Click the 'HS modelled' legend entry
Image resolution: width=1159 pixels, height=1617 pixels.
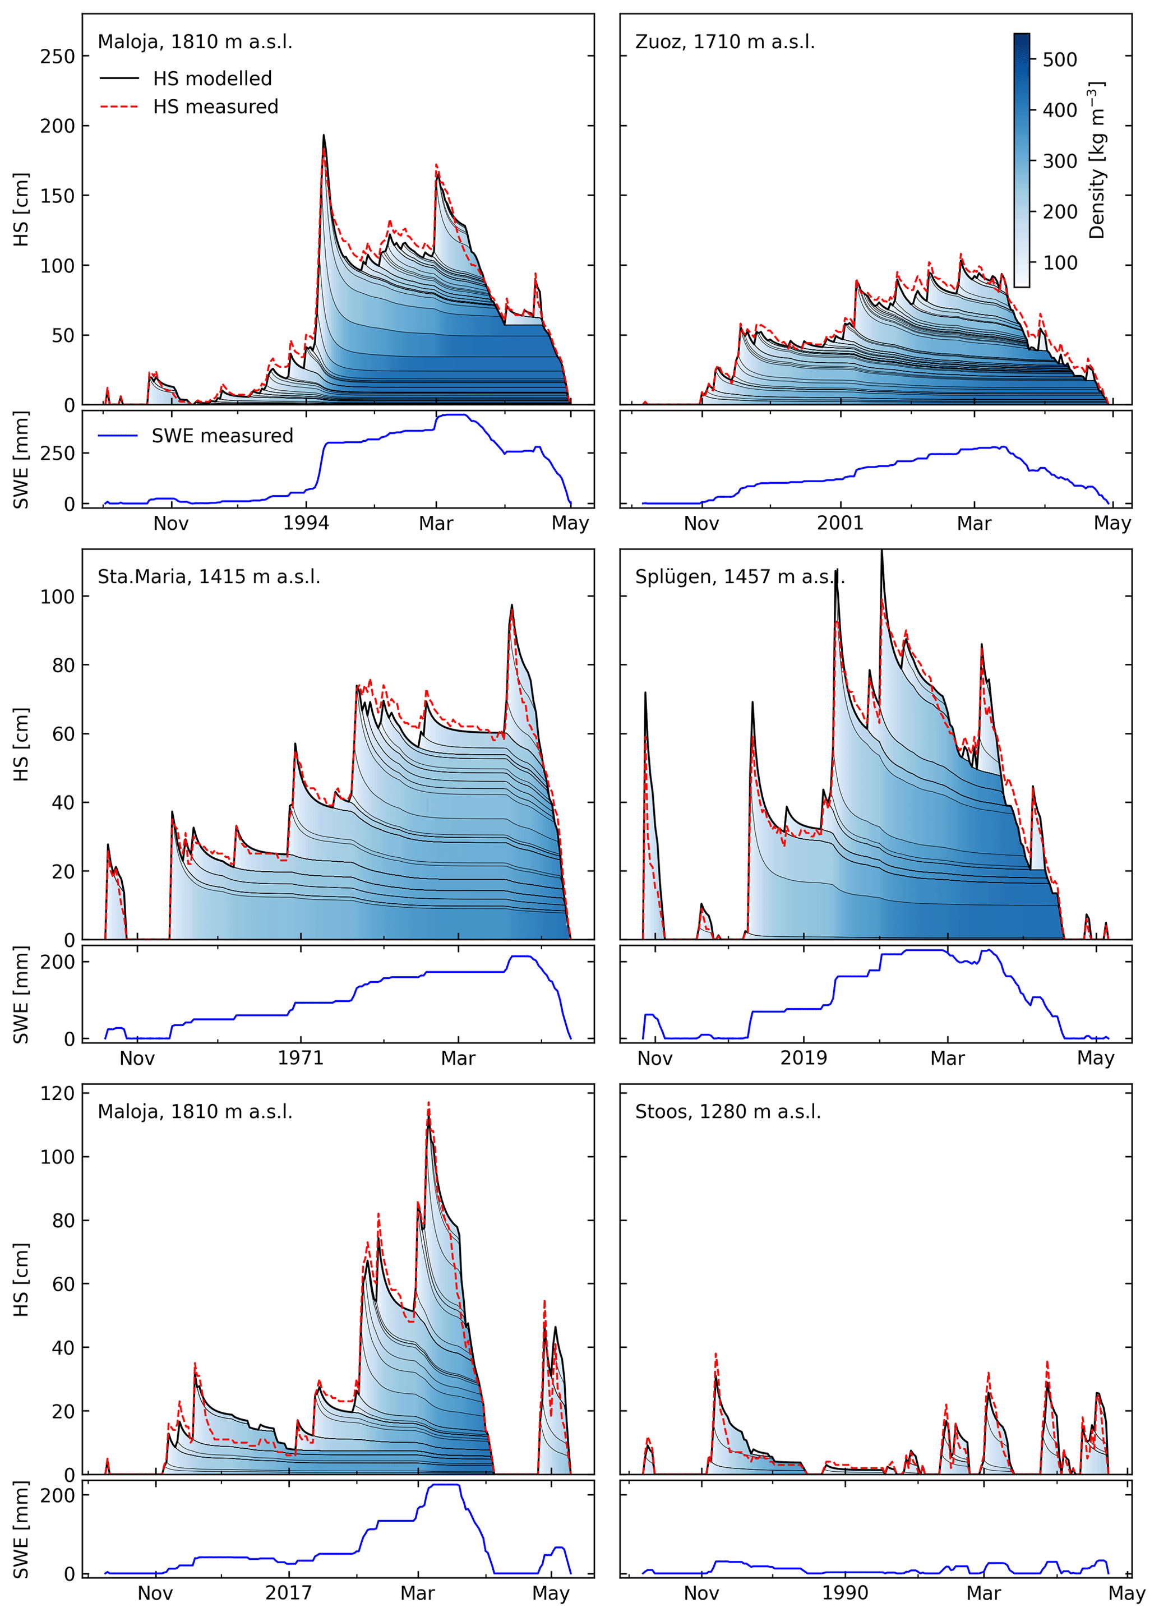[x=212, y=78]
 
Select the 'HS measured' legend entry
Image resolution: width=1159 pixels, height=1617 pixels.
[x=215, y=107]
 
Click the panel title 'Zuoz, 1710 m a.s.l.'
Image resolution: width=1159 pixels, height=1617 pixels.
[x=724, y=42]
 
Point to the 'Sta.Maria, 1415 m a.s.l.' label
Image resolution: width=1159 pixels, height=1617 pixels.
[x=208, y=577]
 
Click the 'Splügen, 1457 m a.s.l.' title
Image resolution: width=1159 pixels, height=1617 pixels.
[x=739, y=577]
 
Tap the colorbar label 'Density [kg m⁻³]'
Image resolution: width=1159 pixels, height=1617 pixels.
[x=1096, y=160]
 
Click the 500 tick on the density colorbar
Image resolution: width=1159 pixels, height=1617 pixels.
[x=1059, y=60]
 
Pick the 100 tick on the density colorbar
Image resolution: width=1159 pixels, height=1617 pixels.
[x=1059, y=263]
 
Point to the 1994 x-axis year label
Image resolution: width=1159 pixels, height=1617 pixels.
[x=306, y=523]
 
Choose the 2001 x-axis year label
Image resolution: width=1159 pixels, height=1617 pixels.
[x=839, y=523]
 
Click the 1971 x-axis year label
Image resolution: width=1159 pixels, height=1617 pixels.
[x=300, y=1058]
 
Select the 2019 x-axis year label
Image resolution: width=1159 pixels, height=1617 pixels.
[x=804, y=1058]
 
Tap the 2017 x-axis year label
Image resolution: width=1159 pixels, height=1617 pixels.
[x=289, y=1593]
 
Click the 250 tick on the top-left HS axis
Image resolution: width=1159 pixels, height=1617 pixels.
[x=57, y=56]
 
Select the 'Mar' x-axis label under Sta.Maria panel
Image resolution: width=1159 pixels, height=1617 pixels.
[x=458, y=1058]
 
